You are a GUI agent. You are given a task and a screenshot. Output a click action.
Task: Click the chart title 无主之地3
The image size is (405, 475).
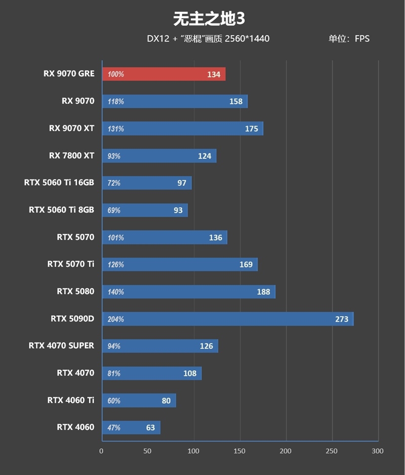click(209, 19)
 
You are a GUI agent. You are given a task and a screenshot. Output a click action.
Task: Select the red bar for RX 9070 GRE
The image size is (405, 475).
click(164, 74)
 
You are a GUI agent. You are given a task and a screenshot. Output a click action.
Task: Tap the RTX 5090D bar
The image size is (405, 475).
click(228, 319)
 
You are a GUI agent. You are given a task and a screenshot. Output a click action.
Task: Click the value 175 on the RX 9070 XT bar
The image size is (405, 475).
click(252, 129)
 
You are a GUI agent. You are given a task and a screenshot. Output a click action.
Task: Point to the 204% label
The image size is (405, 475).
click(115, 319)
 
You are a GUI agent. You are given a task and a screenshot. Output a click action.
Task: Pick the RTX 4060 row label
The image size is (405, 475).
click(75, 427)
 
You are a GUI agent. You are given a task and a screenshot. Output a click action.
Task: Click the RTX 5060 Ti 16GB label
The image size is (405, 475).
click(59, 183)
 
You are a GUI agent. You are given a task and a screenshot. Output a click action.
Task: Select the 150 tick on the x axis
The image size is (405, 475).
click(240, 451)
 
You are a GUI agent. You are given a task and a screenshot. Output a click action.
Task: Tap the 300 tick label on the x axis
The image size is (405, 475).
click(377, 451)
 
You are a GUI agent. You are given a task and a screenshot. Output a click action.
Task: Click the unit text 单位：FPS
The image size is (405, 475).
click(349, 38)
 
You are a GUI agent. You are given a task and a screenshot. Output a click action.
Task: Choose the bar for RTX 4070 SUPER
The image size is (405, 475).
click(160, 346)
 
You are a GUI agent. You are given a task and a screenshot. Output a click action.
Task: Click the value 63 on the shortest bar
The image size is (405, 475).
click(150, 428)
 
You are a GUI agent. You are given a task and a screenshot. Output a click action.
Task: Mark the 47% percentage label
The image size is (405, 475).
click(114, 428)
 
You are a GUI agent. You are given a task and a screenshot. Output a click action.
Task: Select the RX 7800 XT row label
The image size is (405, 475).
click(71, 155)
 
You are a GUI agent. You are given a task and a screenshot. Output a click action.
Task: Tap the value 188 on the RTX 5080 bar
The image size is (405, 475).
click(264, 292)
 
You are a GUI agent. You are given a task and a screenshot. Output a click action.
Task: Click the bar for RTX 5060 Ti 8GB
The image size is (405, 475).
click(145, 210)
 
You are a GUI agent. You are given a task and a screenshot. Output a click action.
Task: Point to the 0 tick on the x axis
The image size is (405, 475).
click(102, 451)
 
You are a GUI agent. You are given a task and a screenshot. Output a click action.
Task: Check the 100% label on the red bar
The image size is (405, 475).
click(115, 74)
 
